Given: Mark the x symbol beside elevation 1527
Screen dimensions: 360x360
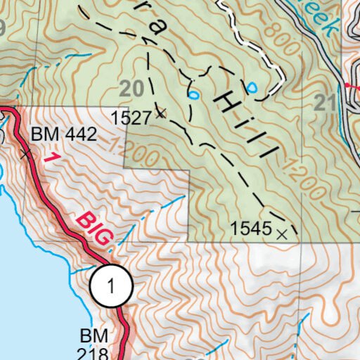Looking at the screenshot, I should point(161,113).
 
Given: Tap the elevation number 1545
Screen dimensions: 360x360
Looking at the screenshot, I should point(250,228).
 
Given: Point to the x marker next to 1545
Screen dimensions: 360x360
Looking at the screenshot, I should point(282,233).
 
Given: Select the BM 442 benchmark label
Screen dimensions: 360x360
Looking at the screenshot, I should point(63,134).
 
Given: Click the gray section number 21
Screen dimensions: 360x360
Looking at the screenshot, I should point(325,104).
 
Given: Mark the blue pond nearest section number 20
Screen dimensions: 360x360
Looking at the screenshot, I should point(193,94).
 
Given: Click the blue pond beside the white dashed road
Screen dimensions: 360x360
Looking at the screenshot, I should point(251,87).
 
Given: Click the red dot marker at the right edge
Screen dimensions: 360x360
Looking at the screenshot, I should point(347,85).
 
